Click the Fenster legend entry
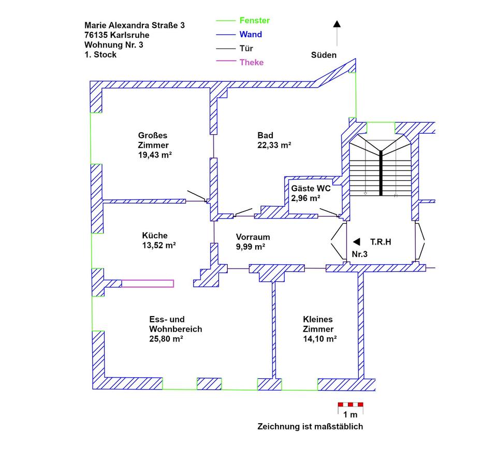tap(254, 21)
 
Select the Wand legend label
tap(251, 35)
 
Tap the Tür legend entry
tap(246, 49)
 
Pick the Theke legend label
tap(252, 63)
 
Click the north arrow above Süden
tap(337, 24)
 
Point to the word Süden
tap(324, 55)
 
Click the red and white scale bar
tap(350, 404)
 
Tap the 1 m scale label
tap(350, 414)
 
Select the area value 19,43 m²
tap(155, 154)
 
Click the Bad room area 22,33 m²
tap(274, 146)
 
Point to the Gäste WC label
tap(311, 189)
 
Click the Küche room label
tap(155, 236)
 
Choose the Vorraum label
tap(253, 237)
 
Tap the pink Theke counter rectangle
tap(148, 283)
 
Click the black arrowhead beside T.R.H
tap(356, 241)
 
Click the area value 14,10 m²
tap(320, 339)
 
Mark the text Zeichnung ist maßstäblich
tap(311, 426)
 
